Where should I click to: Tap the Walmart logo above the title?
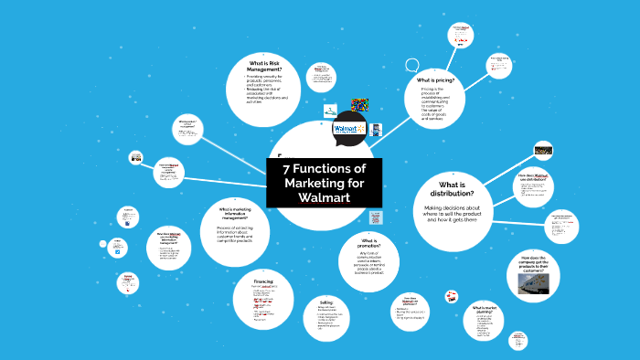[347, 131]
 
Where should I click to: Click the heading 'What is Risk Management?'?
[262, 66]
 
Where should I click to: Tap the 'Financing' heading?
[263, 282]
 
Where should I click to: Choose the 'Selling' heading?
[325, 301]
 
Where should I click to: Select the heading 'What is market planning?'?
[484, 309]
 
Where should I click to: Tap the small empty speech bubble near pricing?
[411, 66]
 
